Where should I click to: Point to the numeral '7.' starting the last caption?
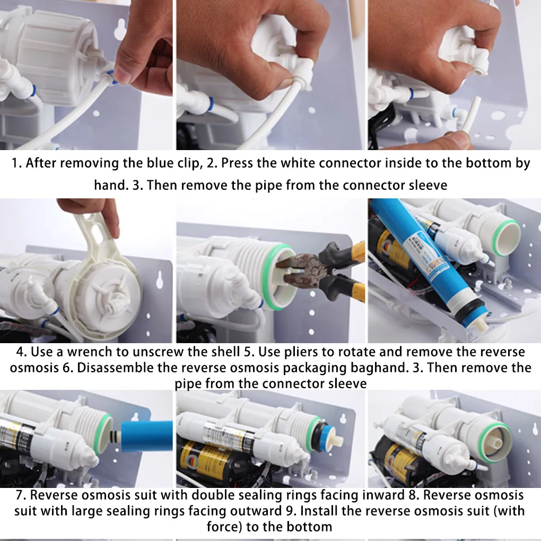coord(21,495)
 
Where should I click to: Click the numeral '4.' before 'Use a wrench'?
coord(22,352)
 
